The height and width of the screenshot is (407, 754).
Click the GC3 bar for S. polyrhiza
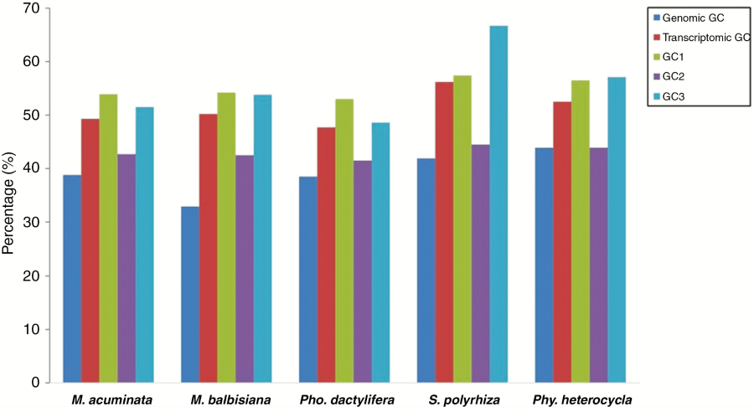[498, 204]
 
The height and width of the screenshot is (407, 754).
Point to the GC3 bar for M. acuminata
[144, 245]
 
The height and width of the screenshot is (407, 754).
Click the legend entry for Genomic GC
[692, 17]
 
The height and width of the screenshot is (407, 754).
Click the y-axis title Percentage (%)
[9, 195]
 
